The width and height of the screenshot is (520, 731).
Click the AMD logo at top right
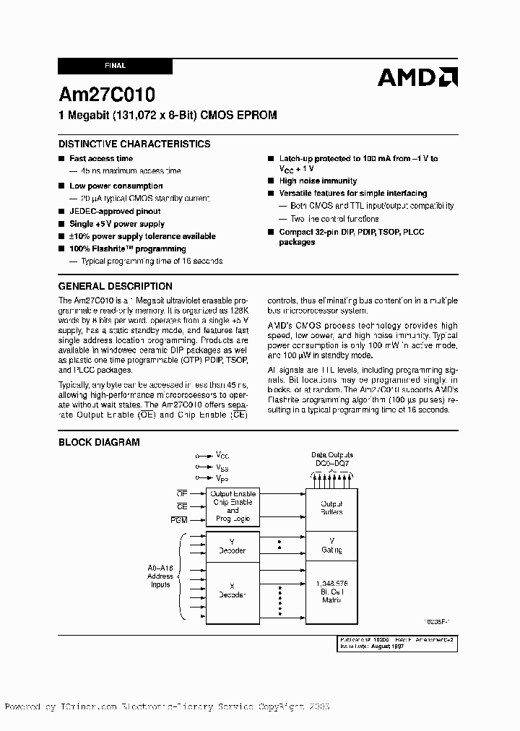[x=417, y=77]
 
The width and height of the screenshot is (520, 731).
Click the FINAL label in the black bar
[x=115, y=66]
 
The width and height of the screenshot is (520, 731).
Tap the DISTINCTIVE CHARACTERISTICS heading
[x=134, y=144]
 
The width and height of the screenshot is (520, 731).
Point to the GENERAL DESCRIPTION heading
[x=115, y=286]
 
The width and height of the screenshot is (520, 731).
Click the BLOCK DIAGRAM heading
[x=99, y=442]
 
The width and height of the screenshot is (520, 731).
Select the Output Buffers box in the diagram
[x=331, y=508]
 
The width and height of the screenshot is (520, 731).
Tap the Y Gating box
[x=331, y=545]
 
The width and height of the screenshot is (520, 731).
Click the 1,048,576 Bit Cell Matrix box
[x=331, y=590]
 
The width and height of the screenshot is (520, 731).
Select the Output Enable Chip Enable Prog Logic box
[x=232, y=506]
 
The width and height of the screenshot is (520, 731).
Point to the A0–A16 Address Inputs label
[x=160, y=576]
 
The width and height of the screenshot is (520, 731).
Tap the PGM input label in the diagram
[x=180, y=520]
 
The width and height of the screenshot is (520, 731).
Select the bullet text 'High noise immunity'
[x=318, y=181]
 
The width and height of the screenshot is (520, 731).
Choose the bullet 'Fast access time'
[x=101, y=158]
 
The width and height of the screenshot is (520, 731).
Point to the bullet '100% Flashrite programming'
[x=127, y=248]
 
